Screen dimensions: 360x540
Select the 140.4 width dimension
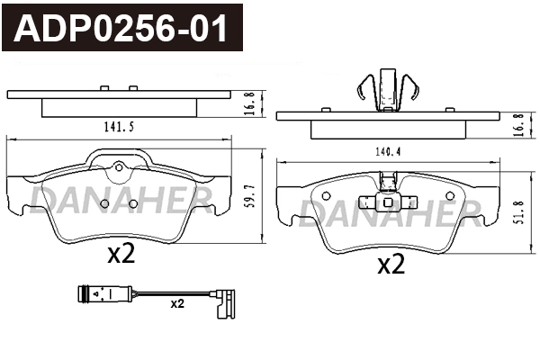388,151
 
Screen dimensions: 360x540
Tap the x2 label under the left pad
121,255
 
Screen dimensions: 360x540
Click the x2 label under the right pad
390,264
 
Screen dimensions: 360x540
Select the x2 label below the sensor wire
177,304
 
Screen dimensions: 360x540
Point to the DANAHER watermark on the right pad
390,211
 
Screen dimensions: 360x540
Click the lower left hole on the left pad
104,203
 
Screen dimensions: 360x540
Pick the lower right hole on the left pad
133,203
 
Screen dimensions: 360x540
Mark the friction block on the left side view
118,107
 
